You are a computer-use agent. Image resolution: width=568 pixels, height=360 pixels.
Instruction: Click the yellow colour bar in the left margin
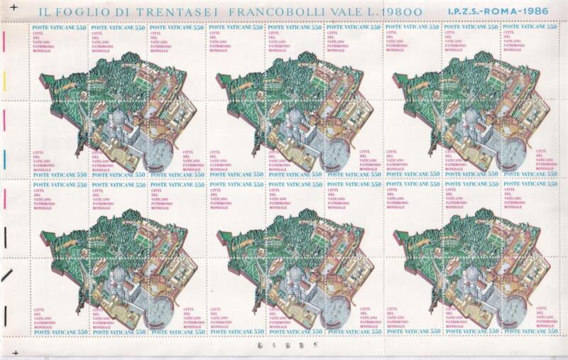[x=4, y=82]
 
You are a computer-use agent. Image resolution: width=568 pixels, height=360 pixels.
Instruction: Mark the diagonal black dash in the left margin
[x=6, y=276]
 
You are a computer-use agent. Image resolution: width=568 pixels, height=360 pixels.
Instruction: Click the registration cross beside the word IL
[x=13, y=6]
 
